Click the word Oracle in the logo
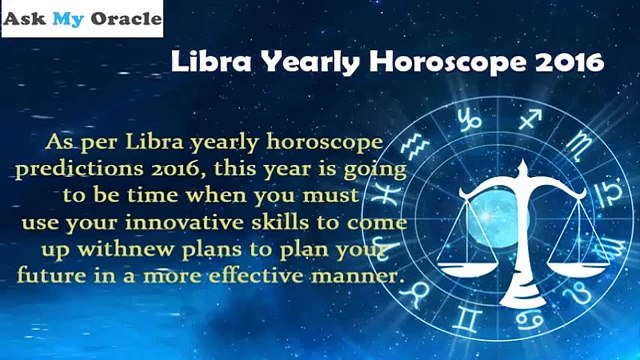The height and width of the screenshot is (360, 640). tap(126, 18)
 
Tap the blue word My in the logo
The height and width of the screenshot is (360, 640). tap(68, 20)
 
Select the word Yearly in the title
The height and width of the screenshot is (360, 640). tap(310, 63)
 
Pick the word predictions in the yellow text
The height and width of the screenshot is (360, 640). tap(80, 169)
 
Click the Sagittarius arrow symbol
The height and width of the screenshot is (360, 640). tap(531, 119)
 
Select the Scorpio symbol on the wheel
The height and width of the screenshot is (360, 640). tap(579, 144)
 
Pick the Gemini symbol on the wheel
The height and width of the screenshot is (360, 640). tap(466, 319)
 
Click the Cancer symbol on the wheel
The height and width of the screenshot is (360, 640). tap(529, 320)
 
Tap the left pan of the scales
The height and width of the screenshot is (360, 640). tap(467, 269)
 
